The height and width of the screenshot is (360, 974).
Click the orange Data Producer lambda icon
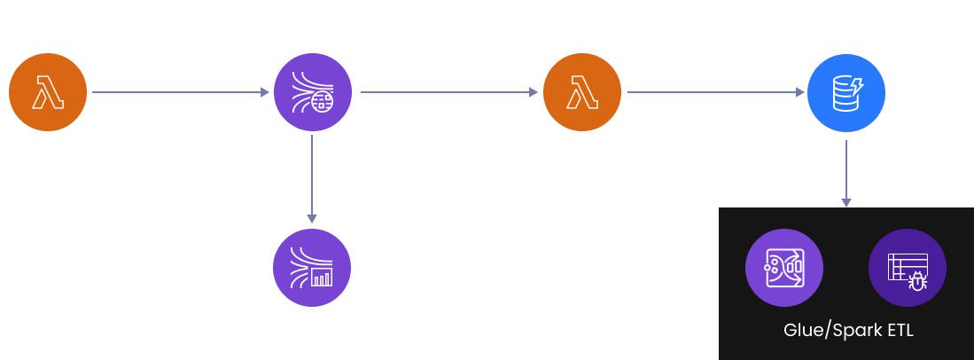click(x=48, y=91)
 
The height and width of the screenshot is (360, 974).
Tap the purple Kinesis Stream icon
click(x=312, y=91)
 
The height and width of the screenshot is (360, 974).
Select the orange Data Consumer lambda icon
click(x=581, y=91)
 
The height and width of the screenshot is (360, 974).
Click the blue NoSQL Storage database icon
click(x=845, y=91)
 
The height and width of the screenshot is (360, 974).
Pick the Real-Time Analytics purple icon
click(x=312, y=267)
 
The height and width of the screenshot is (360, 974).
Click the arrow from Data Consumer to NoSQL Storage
click(x=713, y=91)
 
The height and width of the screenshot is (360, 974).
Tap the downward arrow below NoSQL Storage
click(x=845, y=173)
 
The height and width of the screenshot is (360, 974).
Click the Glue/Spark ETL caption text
click(x=848, y=331)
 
